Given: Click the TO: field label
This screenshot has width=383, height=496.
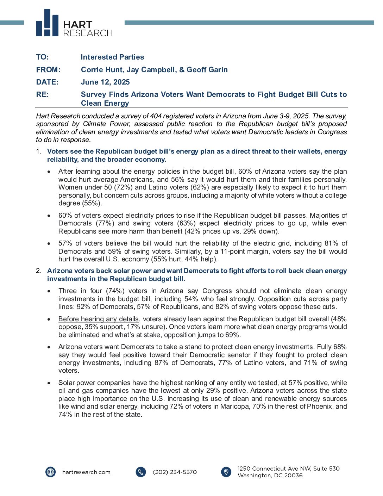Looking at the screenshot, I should tap(42, 57).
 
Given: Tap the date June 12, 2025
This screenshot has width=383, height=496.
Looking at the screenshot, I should tap(105, 82).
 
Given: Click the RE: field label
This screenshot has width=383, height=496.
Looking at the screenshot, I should tap(42, 94).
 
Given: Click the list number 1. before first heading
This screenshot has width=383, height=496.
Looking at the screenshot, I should tap(39, 151).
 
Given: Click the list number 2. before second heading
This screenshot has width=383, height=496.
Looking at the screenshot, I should tap(39, 271).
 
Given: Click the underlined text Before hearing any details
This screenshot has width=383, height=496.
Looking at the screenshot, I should tap(99, 319).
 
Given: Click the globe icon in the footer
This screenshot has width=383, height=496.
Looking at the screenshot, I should tap(51, 472).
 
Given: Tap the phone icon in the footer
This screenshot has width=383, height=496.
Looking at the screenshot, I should tap(141, 472).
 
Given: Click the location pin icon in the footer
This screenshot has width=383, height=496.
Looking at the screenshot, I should tap(226, 472).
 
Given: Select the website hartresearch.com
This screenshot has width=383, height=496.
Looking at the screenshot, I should tap(86, 472).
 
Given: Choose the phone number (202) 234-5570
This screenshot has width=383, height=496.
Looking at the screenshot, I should tap(175, 472).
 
